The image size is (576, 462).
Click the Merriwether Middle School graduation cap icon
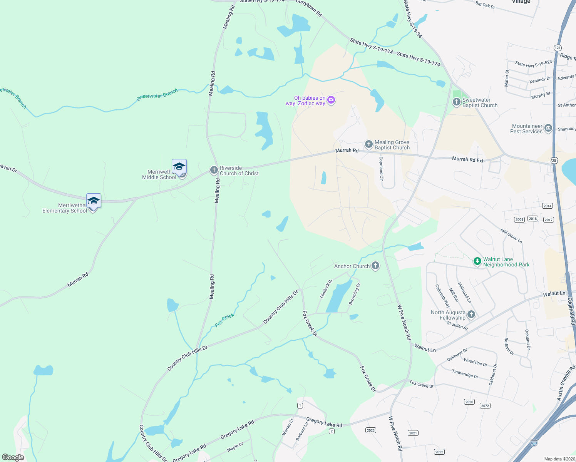click(x=179, y=167)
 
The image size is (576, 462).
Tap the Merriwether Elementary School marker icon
click(x=94, y=201)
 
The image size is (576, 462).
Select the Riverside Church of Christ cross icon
click(x=214, y=170)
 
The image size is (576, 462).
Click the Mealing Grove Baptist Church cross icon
click(x=368, y=144)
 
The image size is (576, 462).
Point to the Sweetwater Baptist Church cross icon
click(x=456, y=102)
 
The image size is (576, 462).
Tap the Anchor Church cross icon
click(x=375, y=266)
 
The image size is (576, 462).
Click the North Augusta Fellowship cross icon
click(x=471, y=315)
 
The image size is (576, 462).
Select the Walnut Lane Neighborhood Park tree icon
click(x=477, y=262)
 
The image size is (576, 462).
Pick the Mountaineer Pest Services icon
click(x=548, y=128)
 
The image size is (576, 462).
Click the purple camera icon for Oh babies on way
click(x=331, y=100)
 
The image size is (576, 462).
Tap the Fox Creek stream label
click(x=225, y=320)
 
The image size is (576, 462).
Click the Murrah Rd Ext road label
click(x=467, y=159)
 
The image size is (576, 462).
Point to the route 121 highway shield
click(x=558, y=48)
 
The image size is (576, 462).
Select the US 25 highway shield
click(x=554, y=160)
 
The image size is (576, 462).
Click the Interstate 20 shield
click(x=534, y=443)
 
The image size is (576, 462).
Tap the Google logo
click(x=13, y=457)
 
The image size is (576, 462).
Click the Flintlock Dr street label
click(x=326, y=289)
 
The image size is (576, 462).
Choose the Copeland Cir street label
click(x=381, y=168)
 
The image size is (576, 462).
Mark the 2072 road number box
click(x=485, y=406)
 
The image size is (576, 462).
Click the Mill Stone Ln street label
click(x=511, y=236)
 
